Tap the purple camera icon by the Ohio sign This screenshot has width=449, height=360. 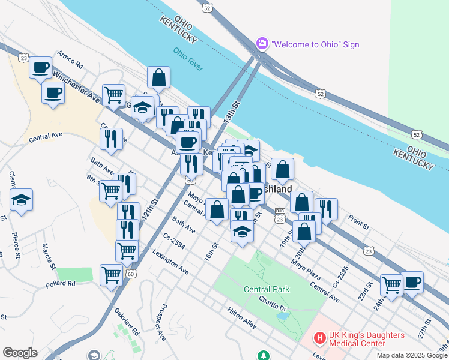[262, 44]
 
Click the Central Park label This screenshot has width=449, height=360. [267, 289]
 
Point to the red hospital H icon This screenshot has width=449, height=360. [320, 339]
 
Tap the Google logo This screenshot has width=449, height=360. [20, 353]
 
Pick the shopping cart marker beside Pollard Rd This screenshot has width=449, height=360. [112, 275]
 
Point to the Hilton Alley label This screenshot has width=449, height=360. [242, 318]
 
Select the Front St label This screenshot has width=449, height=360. [357, 223]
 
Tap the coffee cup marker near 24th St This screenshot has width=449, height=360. [412, 282]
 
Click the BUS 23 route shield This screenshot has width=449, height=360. [280, 216]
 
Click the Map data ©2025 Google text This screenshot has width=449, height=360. [411, 355]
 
